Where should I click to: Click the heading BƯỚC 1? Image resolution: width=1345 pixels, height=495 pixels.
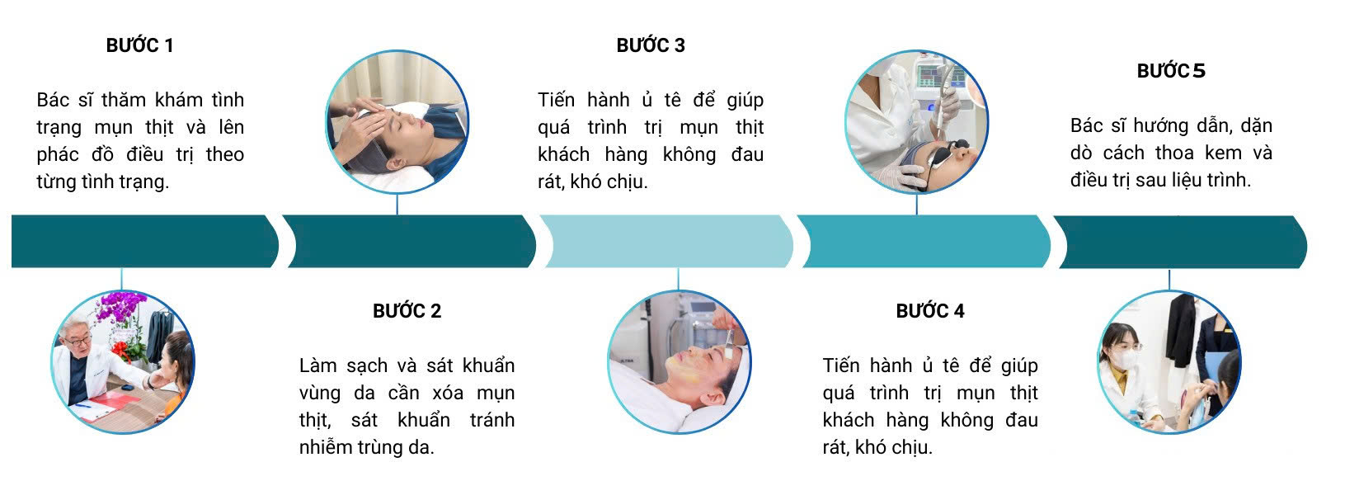click(140, 45)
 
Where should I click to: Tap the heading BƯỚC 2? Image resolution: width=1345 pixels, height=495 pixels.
click(407, 310)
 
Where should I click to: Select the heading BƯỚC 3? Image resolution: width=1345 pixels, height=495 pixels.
click(651, 45)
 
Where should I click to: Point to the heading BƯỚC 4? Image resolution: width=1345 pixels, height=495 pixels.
click(930, 310)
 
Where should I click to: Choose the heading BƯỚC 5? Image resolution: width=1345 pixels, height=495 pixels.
click(1171, 71)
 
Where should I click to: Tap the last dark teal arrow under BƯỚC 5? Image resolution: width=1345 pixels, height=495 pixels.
click(1180, 242)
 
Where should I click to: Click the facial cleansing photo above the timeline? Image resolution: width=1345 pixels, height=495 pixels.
click(397, 121)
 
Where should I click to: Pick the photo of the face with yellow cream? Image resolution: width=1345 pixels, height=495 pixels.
click(680, 361)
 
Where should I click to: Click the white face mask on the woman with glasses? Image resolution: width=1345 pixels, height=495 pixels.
click(1124, 359)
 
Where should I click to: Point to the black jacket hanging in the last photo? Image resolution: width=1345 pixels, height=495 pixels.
click(1181, 329)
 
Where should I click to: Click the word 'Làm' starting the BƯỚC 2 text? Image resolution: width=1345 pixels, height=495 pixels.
click(318, 365)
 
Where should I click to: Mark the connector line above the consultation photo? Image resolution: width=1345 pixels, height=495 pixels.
click(121, 279)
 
